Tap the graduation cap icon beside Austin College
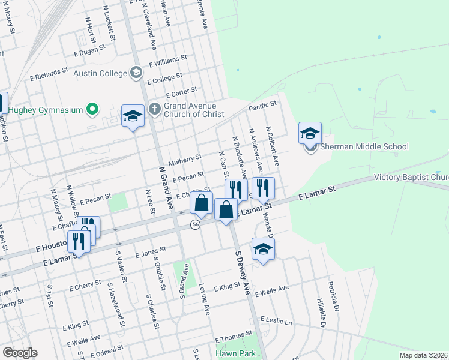click(x=137, y=73)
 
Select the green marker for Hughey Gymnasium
click(x=92, y=109)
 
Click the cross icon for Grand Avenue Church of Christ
click(x=155, y=109)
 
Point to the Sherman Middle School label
click(x=364, y=147)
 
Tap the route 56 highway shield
click(x=196, y=224)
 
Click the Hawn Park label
click(x=237, y=354)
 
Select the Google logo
click(x=20, y=353)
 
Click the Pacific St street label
click(x=262, y=106)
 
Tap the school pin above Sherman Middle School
click(x=310, y=133)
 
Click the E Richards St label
click(x=49, y=74)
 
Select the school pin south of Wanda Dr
click(x=263, y=249)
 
